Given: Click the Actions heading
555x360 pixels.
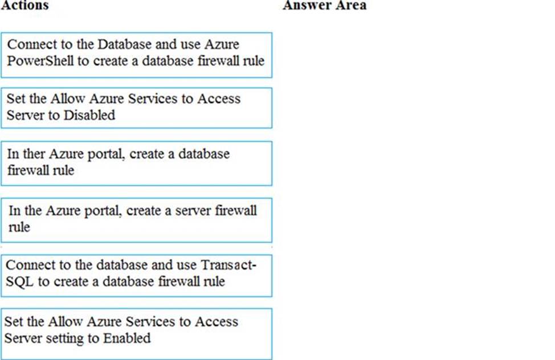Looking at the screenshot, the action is pos(25,5).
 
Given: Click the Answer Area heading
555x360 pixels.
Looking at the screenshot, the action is pos(325,5).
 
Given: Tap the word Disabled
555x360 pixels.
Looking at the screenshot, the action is pos(89,115).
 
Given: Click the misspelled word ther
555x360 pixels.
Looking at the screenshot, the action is pos(34,154).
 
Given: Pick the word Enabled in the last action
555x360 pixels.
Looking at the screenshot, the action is pos(127,338).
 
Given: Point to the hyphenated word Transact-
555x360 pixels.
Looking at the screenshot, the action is pos(228,265).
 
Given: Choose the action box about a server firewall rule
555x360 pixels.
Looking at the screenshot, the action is pos(137,220).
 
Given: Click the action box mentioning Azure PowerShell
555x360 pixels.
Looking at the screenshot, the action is pos(137,55).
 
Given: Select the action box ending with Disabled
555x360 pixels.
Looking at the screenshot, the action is pos(137,108).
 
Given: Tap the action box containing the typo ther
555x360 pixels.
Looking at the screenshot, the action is pos(137,163).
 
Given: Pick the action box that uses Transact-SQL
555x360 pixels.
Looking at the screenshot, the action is pos(137,276).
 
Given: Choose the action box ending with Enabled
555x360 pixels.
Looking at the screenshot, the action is pos(137,334).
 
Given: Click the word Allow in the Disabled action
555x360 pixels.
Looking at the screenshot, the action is pos(68,99).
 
